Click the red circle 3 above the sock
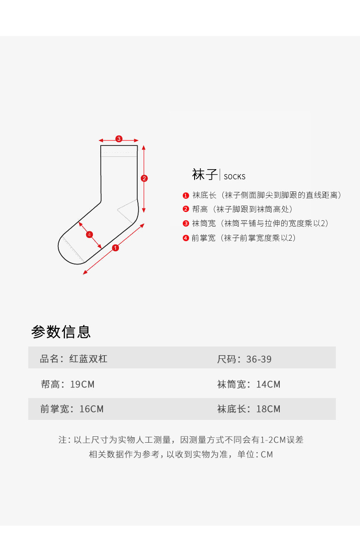coord(118,139)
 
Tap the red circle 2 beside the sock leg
coord(144,178)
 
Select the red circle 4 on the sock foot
coord(89,234)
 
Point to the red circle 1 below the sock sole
coord(115,248)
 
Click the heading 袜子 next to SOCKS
coord(205,175)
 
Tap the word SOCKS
coord(234,177)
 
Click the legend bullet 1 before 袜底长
coord(186,196)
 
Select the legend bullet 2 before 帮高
coord(186,210)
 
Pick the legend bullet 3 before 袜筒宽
coord(186,224)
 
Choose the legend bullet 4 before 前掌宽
coord(186,238)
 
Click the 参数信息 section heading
coord(61,331)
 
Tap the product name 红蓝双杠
coord(88,359)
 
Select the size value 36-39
coord(259,359)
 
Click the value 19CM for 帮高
coord(82,384)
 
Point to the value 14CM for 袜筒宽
coord(268,384)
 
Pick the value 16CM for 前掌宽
coord(91,409)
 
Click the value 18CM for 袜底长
coord(268,409)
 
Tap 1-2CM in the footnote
coord(273,440)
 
